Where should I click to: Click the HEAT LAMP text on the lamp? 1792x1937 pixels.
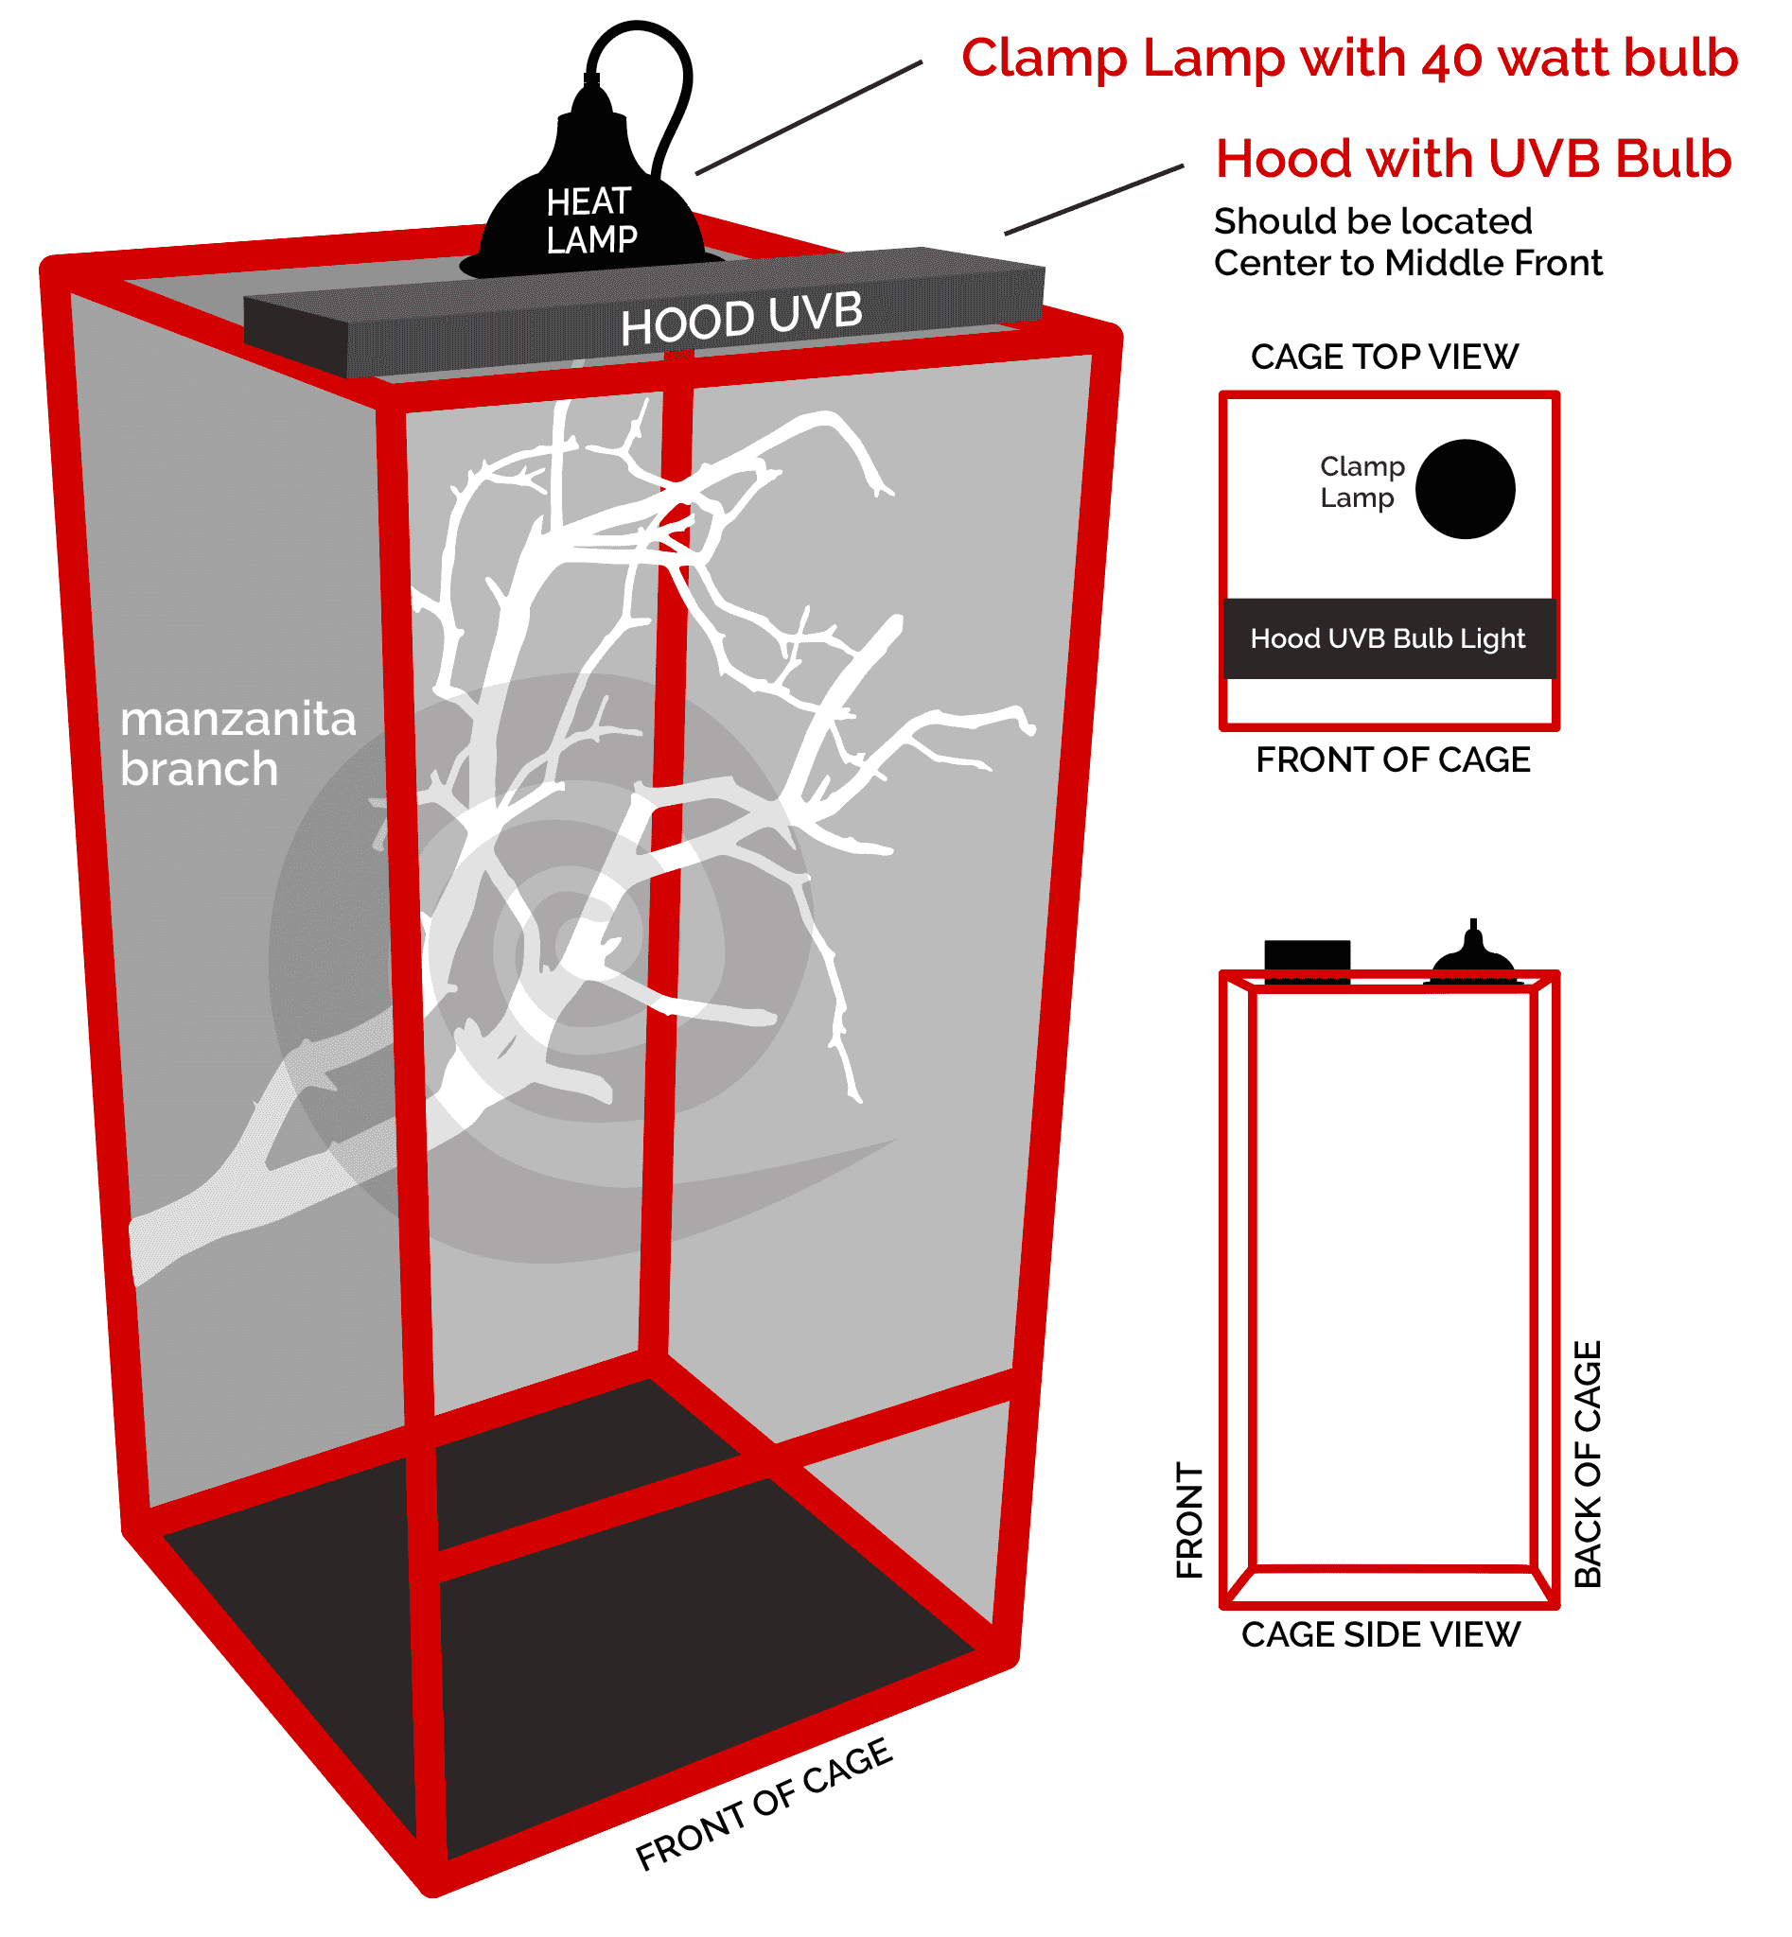590,221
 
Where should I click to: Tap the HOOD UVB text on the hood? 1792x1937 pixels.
741,318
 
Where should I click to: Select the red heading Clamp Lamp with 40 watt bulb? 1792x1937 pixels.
1349,59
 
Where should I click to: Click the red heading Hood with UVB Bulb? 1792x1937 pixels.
1473,159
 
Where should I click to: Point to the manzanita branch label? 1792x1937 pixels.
237,744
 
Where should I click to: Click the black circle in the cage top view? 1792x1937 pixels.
1465,489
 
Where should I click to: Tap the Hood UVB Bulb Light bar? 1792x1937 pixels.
1388,637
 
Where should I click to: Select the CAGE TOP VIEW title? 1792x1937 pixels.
1384,357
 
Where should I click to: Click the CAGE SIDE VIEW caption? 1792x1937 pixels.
1379,1634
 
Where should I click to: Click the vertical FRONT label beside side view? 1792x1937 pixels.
1189,1520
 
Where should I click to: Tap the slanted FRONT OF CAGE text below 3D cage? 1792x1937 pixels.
764,1804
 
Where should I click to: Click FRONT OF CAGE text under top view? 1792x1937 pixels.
1393,760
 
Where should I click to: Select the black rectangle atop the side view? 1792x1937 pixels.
1307,960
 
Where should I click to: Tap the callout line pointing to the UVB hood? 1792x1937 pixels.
1093,200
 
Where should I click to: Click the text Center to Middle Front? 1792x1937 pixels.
1407,264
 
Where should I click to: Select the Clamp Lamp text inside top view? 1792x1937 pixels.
1362,481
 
